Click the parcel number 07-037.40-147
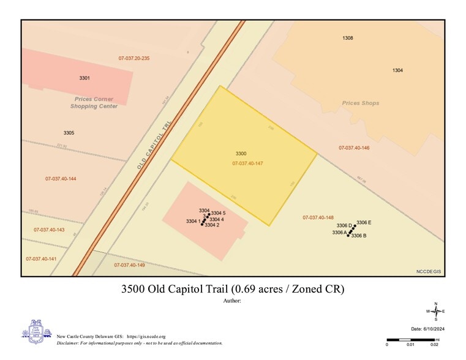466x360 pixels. pos(247,163)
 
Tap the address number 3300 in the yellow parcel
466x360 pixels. pos(241,153)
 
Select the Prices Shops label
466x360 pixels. pos(361,103)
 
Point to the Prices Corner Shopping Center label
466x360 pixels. pos(94,102)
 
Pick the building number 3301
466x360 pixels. pos(85,78)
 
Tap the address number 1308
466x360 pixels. pos(348,38)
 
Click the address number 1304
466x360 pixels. pos(397,70)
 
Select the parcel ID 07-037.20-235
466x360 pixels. pos(134,58)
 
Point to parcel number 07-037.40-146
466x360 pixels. pos(354,148)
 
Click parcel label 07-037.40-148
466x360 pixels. pos(318,217)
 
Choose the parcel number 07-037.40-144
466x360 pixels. pos(61,178)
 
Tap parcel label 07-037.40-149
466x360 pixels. pos(129,264)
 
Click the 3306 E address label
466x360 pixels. pos(364,222)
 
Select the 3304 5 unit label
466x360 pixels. pos(219,212)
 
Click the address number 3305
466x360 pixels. pos(69,133)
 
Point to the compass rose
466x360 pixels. pos(435,312)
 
